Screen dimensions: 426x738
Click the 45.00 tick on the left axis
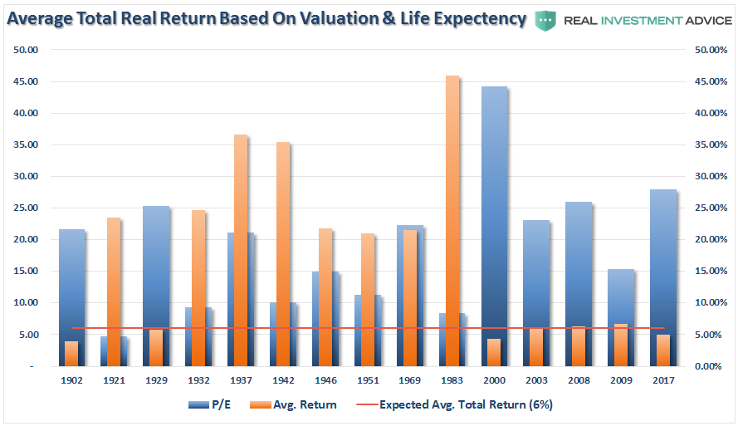tap(25, 81)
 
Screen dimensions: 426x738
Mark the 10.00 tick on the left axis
tap(25, 302)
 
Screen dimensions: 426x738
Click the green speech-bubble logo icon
tap(545, 19)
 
